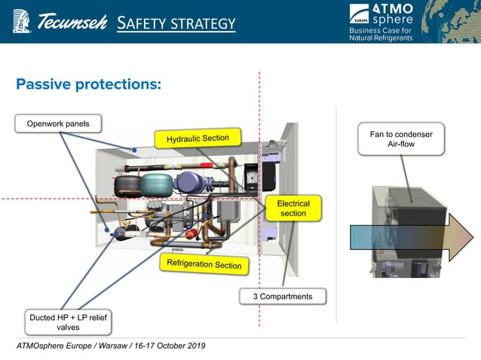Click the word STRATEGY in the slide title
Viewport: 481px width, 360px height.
click(x=201, y=24)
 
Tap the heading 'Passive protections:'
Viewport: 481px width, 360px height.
click(x=89, y=84)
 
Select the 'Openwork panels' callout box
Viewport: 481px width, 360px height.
click(x=57, y=124)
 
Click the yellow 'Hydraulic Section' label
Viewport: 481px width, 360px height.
click(x=198, y=138)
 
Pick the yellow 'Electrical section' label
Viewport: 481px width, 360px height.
click(x=293, y=209)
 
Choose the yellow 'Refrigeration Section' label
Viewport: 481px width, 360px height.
click(x=204, y=263)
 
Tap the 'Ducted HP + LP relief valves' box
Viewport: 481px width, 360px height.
click(x=67, y=322)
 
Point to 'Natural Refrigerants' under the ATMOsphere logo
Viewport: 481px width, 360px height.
click(x=381, y=38)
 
